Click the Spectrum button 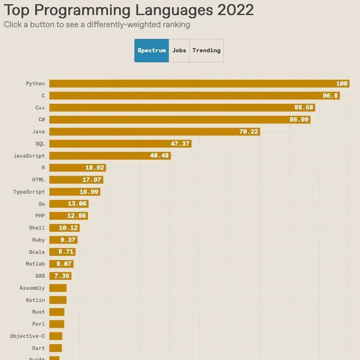[152, 51]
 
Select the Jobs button [179, 51]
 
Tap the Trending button [206, 51]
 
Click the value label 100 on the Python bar [342, 84]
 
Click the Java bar [154, 132]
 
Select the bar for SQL [120, 144]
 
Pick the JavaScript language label [29, 156]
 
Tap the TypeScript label [29, 192]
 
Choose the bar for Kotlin [58, 300]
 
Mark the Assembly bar [58, 288]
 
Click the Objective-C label [27, 336]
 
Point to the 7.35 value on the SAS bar [62, 276]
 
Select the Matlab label [35, 264]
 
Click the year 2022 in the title [235, 10]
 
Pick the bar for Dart [56, 348]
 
